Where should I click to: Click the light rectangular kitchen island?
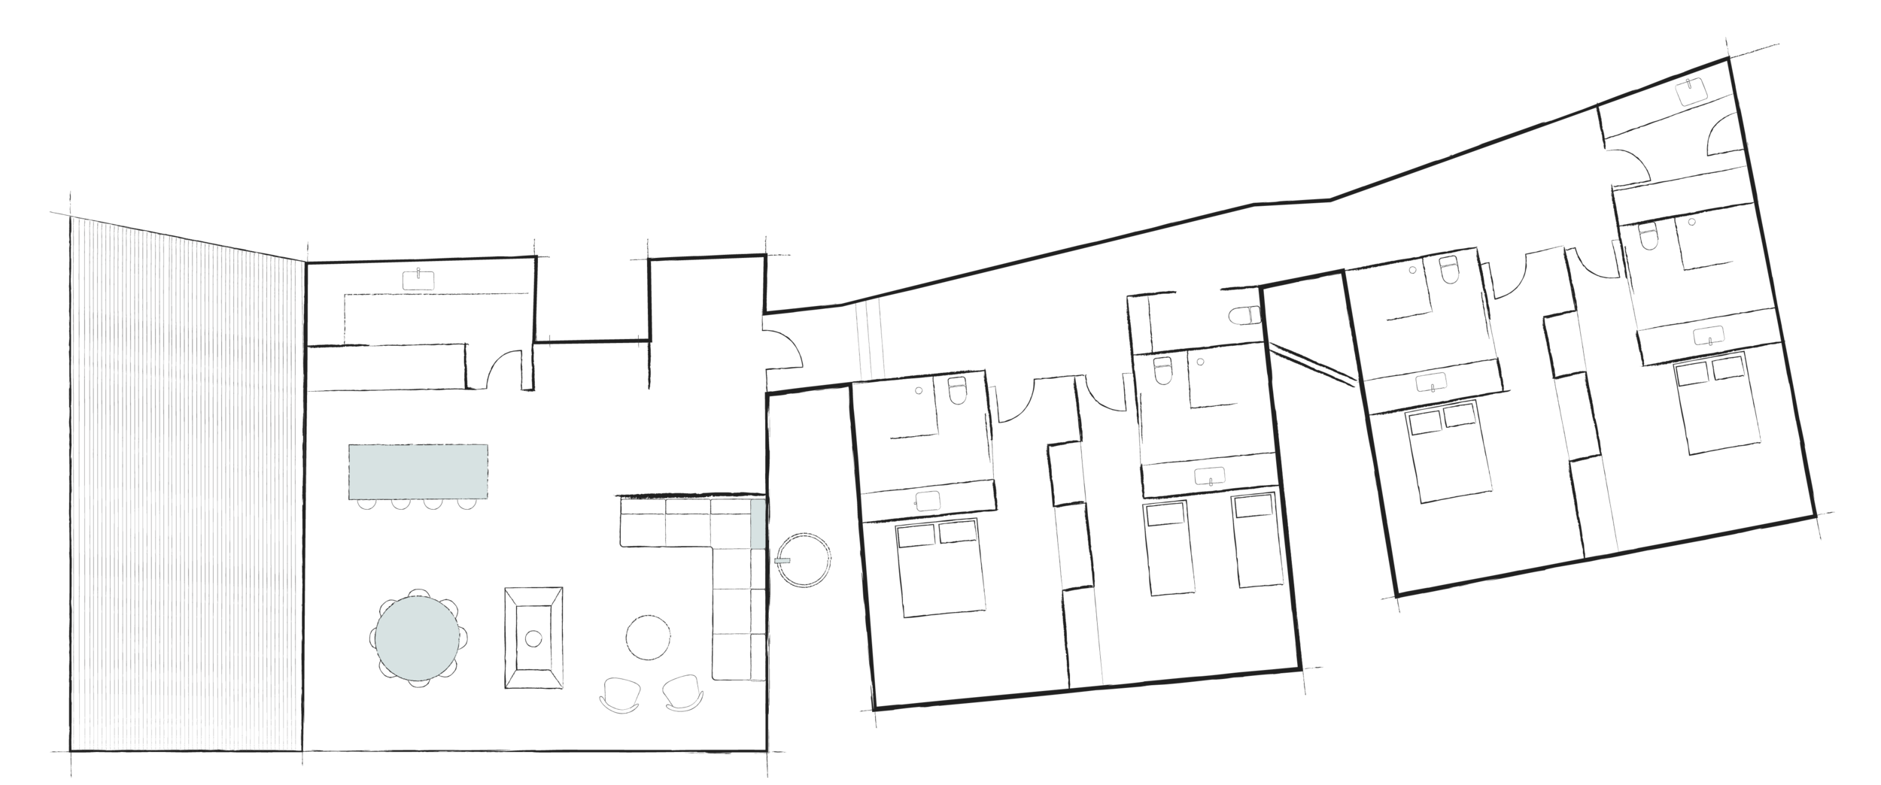[418, 471]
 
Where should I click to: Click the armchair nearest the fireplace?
[621, 695]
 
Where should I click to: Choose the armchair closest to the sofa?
[682, 693]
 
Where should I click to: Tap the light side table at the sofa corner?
[758, 523]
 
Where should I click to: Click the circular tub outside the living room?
[804, 560]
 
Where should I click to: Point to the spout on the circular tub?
[782, 560]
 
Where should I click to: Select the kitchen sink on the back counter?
[418, 279]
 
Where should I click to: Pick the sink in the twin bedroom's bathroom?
[1210, 476]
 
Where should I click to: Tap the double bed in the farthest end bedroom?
[1723, 406]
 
